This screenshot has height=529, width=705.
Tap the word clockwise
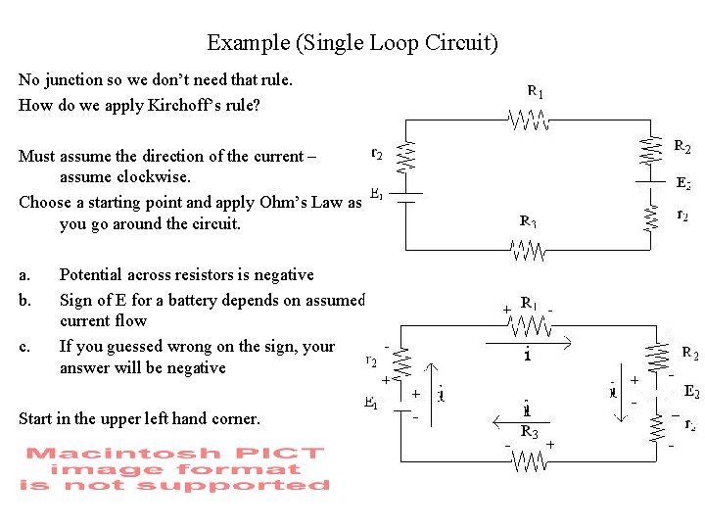(126, 177)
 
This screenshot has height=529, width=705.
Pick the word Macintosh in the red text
(95, 453)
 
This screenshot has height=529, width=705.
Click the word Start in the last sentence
(36, 418)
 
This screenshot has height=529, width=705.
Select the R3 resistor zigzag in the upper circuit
(530, 251)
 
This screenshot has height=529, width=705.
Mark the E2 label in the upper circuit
(684, 183)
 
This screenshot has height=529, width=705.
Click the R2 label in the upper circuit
(682, 147)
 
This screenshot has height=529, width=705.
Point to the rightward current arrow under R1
(530, 343)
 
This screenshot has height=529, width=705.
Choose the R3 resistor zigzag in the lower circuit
(530, 458)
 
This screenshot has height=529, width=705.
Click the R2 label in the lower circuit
(689, 353)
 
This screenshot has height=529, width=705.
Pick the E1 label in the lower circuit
(372, 402)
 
